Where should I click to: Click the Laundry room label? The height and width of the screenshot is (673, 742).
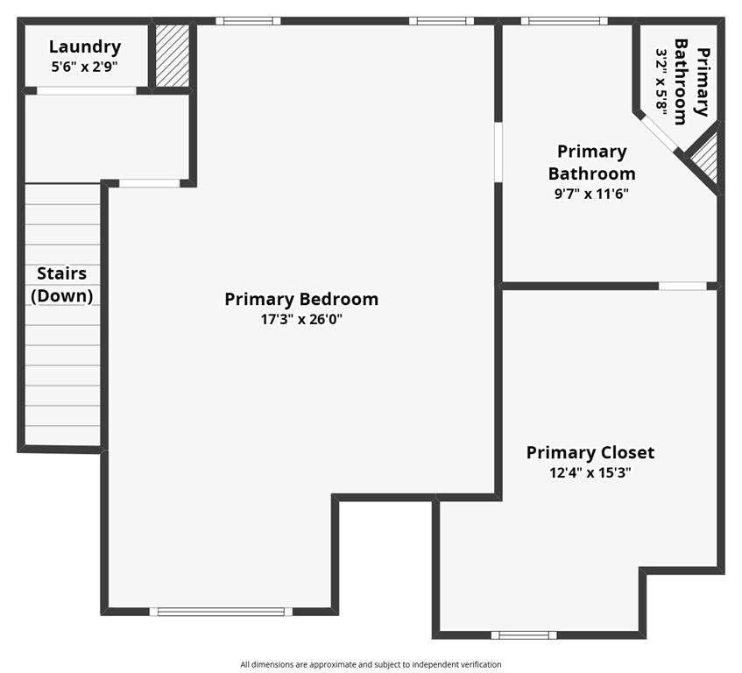85,46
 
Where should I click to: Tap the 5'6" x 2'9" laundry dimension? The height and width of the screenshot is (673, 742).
85,67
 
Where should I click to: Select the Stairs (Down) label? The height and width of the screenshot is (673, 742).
62,285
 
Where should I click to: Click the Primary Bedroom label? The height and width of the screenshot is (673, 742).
301,299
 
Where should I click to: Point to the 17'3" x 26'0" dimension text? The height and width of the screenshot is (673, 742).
301,320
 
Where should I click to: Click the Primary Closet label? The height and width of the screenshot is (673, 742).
590,452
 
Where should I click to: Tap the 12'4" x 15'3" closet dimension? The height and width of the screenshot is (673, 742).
590,473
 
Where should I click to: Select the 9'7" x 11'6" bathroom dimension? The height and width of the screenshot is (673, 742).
591,194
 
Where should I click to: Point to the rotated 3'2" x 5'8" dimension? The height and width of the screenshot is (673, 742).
661,81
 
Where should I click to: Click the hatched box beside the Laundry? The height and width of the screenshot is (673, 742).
173,55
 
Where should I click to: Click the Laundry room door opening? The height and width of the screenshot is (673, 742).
87,91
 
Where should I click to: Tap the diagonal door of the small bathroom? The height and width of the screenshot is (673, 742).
659,133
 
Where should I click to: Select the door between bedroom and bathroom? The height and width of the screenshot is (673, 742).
498,152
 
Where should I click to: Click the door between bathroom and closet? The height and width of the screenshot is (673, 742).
682,286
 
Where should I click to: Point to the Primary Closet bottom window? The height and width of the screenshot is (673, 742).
524,634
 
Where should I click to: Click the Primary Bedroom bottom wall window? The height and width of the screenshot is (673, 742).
221,612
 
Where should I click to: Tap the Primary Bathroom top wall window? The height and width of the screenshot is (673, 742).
564,21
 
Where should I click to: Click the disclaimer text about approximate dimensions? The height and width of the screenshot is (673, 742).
371,664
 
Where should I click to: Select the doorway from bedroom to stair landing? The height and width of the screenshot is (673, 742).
150,183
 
